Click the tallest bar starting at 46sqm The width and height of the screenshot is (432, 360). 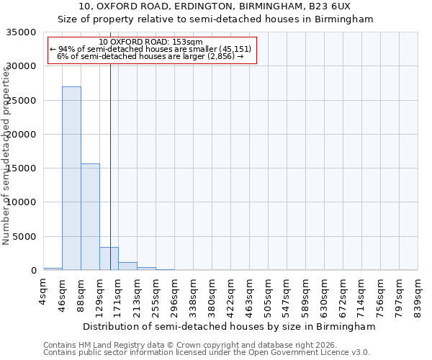(x=71, y=179)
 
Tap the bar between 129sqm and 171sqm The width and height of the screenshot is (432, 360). (x=109, y=258)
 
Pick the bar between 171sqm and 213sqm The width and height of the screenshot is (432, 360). (x=127, y=266)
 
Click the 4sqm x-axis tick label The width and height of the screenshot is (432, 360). (x=43, y=289)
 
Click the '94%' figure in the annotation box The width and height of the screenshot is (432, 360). (x=67, y=49)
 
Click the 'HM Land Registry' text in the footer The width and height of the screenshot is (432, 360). (x=109, y=345)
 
